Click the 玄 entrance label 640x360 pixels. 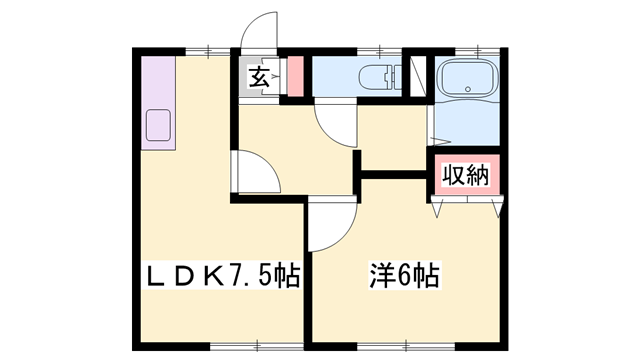coord(258,77)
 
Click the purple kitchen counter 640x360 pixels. coord(159,100)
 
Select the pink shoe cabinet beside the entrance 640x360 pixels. coord(295,76)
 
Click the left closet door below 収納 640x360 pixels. coord(438,207)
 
